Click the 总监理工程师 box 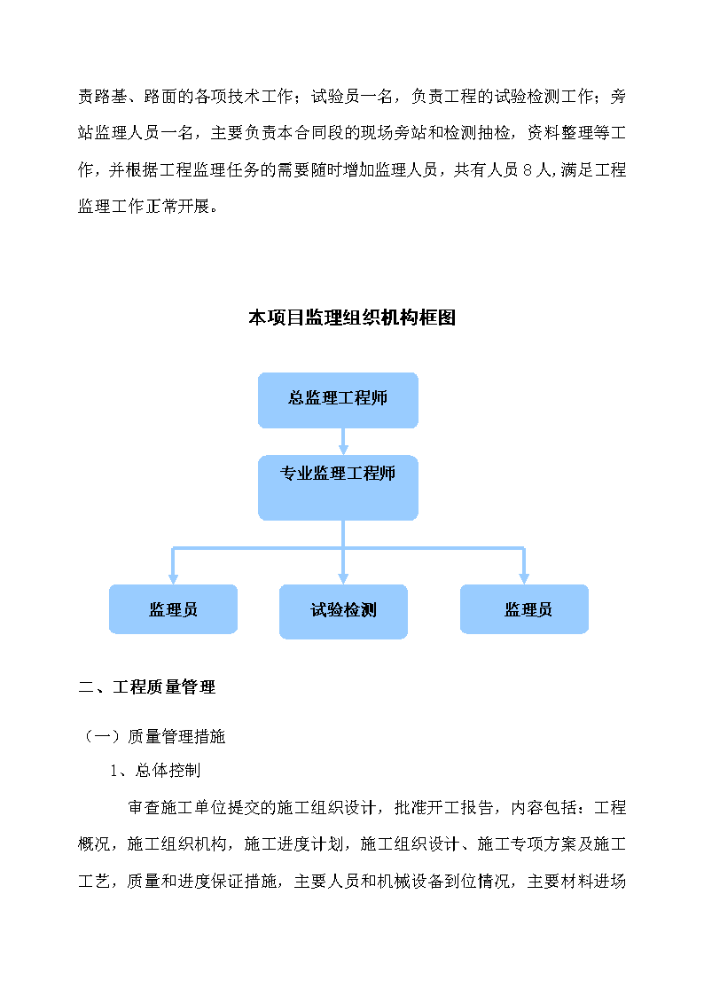coord(338,400)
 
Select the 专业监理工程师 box coord(338,488)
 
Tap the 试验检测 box coord(343,612)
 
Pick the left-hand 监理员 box coord(173,609)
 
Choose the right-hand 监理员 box coord(524,609)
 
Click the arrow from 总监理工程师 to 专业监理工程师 coord(343,442)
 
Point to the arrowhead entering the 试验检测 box coord(343,578)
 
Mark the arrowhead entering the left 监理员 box coord(173,578)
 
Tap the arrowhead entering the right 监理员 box coord(524,578)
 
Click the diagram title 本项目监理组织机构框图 coord(352,318)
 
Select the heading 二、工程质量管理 coord(147,686)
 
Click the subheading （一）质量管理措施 coord(153,736)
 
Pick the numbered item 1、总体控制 coord(155,771)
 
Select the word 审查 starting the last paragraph coord(145,807)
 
